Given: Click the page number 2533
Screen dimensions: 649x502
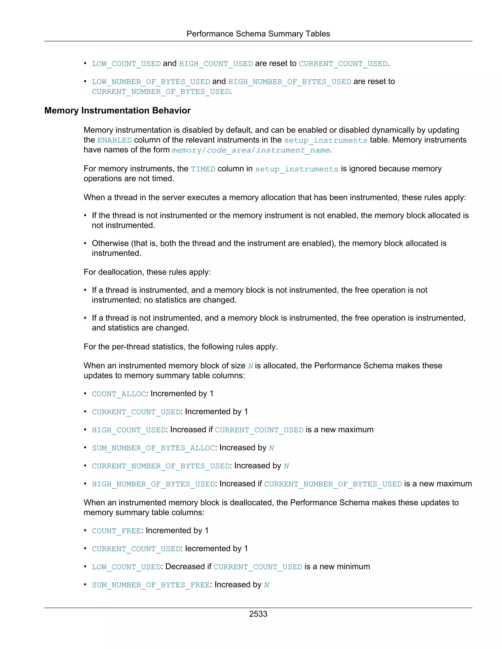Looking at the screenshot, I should click(x=258, y=614).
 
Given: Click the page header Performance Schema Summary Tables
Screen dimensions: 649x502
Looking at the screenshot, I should click(x=258, y=34).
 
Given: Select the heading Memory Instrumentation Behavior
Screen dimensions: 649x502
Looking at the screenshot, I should click(x=117, y=110).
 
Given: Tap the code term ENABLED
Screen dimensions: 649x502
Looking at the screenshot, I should click(x=114, y=140).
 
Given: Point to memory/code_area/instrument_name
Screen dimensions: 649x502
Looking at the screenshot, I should click(x=251, y=150).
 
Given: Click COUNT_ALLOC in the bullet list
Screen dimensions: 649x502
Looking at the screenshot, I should click(x=119, y=394).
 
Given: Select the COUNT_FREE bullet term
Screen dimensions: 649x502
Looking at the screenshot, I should click(x=116, y=531).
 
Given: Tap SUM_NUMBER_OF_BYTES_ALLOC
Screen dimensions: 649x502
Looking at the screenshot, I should click(x=153, y=448).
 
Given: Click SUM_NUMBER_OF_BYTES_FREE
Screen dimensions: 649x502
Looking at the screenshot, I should click(x=151, y=585).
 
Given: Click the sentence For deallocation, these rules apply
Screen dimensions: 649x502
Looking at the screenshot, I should click(x=147, y=272).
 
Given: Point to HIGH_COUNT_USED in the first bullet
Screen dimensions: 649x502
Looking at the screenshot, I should click(x=216, y=64).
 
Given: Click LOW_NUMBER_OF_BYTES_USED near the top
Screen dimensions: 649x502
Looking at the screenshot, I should click(x=151, y=82).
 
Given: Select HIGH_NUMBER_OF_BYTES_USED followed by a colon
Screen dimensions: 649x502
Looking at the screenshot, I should click(x=153, y=484).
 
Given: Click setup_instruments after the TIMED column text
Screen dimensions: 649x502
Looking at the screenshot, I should click(x=297, y=169).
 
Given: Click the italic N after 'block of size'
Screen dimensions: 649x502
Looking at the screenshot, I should click(x=251, y=366).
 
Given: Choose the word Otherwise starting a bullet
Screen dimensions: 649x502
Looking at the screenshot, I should click(x=110, y=243).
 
